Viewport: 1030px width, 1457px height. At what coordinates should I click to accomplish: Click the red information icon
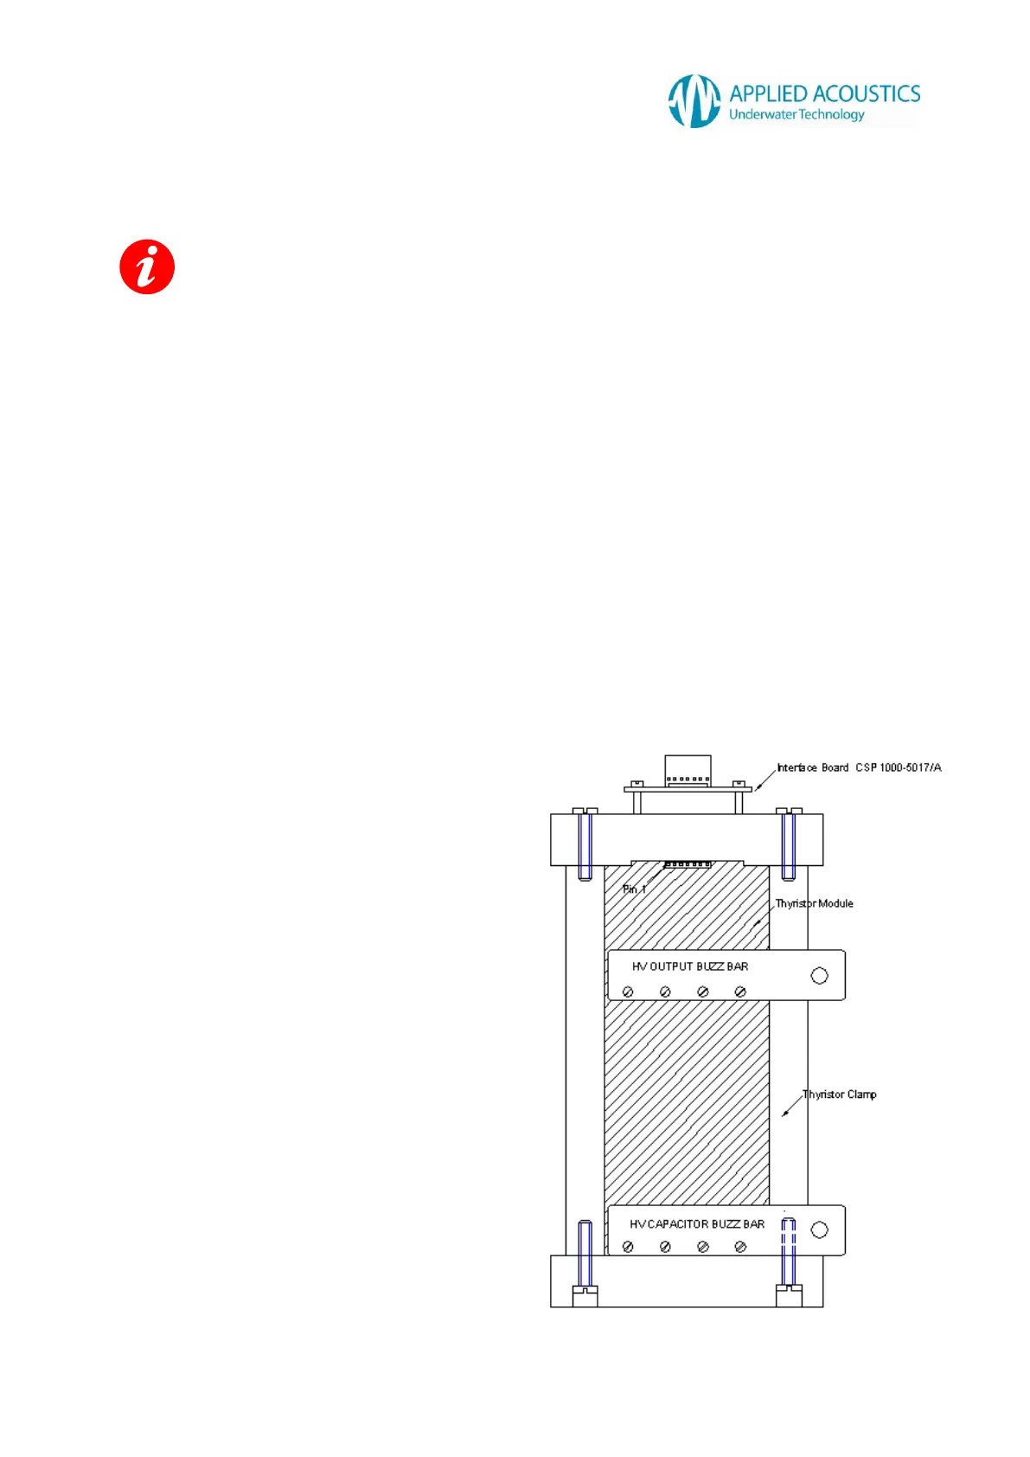[x=147, y=266]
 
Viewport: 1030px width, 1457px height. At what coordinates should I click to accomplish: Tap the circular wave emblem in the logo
[x=694, y=101]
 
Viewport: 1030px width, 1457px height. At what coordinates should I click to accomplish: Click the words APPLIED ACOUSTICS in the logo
[x=824, y=93]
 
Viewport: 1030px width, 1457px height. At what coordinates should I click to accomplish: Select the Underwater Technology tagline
[x=796, y=114]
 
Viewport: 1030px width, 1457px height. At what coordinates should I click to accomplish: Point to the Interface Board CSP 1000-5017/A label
[x=858, y=767]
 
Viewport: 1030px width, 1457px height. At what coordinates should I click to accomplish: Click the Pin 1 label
[x=634, y=889]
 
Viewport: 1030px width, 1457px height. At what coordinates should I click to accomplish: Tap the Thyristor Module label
[x=814, y=903]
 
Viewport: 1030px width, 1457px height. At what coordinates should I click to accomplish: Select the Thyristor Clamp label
[x=839, y=1094]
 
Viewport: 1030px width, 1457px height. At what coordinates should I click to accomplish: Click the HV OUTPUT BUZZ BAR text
[x=690, y=966]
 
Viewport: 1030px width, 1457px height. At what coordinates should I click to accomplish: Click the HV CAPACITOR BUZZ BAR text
[x=697, y=1224]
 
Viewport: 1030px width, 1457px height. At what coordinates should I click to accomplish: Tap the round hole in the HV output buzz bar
[x=819, y=976]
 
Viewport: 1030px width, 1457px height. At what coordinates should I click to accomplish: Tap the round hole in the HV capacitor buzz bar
[x=819, y=1229]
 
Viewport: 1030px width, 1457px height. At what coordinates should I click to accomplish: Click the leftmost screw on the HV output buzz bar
[x=628, y=992]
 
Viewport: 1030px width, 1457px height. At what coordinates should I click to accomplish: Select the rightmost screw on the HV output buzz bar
[x=740, y=992]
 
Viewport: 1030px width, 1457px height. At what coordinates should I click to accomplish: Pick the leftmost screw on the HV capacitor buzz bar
[x=628, y=1247]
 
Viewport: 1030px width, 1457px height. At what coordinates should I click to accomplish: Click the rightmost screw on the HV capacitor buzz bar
[x=740, y=1247]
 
